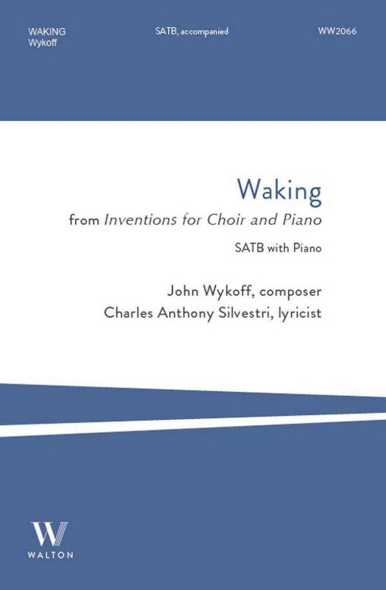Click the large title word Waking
pyautogui.click(x=279, y=191)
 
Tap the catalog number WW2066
pyautogui.click(x=337, y=31)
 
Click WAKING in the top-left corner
pyautogui.click(x=47, y=32)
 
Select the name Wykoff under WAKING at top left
pyautogui.click(x=42, y=43)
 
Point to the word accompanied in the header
pyautogui.click(x=204, y=32)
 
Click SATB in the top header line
pyautogui.click(x=167, y=31)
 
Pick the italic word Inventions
pyautogui.click(x=140, y=220)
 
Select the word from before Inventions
pyautogui.click(x=84, y=220)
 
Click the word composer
pyautogui.click(x=291, y=292)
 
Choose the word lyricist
pyautogui.click(x=300, y=314)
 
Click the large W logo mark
pyautogui.click(x=50, y=533)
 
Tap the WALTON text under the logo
pyautogui.click(x=50, y=555)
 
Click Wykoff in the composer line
pyautogui.click(x=228, y=291)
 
